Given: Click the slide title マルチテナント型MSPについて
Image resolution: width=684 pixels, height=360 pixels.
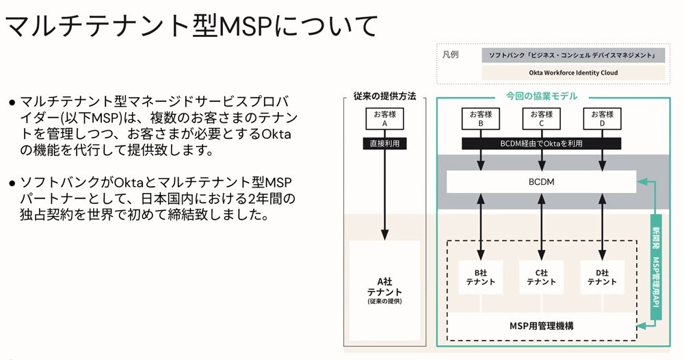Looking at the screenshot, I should (x=192, y=26).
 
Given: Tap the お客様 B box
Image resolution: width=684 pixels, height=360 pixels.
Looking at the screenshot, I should (x=481, y=118).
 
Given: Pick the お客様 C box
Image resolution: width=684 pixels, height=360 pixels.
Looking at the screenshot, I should (x=541, y=118).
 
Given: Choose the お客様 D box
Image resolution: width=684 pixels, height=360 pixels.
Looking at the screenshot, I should (x=602, y=118).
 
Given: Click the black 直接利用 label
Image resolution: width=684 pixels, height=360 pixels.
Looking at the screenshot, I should (x=384, y=144).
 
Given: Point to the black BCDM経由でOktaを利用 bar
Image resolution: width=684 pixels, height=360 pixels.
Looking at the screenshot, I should (x=541, y=144).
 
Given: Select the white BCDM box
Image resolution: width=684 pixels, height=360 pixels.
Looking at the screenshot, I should (x=541, y=181).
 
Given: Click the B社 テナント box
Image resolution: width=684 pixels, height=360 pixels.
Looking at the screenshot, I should (x=481, y=277).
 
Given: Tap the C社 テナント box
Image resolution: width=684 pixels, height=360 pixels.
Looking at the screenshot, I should (x=541, y=277).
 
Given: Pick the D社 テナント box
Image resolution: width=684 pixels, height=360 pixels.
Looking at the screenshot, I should (x=602, y=277).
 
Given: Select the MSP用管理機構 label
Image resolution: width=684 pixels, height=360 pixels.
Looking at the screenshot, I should (x=541, y=325).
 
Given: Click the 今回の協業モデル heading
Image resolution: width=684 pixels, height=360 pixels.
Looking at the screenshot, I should (x=541, y=96).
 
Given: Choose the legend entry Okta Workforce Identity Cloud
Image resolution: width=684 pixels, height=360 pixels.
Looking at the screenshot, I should (x=573, y=72).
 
